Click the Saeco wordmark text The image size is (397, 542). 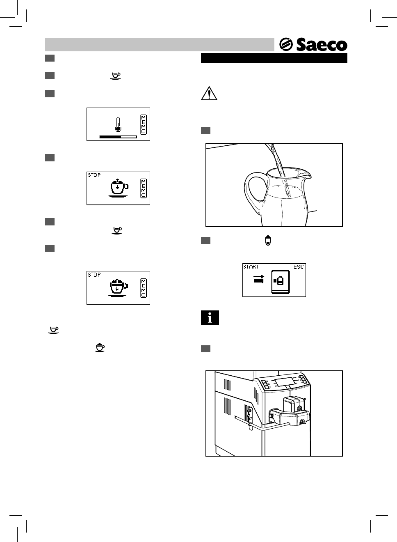(322, 45)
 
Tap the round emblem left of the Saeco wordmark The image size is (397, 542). (285, 45)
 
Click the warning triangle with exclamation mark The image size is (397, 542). (209, 94)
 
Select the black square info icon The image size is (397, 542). (210, 318)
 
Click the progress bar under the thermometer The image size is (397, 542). (118, 137)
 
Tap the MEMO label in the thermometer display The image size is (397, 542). (143, 124)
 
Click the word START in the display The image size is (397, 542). (251, 267)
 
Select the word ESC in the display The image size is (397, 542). (299, 267)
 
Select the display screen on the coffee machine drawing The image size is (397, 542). (285, 381)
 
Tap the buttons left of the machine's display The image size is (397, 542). (265, 384)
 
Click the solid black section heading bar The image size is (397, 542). (274, 58)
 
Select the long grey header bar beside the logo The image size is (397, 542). (160, 44)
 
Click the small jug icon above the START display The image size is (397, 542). (267, 241)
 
